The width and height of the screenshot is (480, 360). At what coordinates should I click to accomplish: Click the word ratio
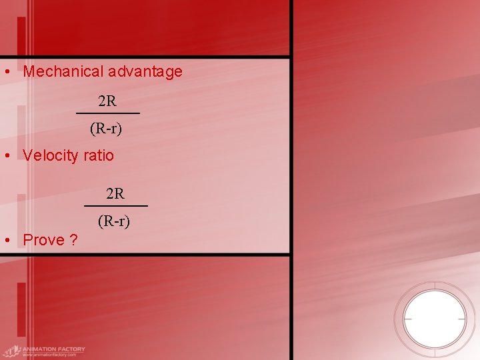[99, 156]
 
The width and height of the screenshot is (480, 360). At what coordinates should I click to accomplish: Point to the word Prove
[43, 240]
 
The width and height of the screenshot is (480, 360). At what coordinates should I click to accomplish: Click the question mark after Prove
[73, 240]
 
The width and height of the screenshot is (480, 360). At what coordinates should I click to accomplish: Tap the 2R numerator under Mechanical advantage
[107, 102]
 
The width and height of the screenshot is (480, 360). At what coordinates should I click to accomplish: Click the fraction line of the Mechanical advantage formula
[107, 114]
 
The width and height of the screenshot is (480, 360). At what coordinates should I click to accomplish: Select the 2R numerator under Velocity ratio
[115, 194]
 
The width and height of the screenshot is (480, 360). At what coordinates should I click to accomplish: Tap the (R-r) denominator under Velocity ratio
[114, 220]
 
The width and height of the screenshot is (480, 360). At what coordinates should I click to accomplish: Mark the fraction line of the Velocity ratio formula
[115, 206]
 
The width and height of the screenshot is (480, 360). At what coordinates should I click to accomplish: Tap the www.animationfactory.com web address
[50, 355]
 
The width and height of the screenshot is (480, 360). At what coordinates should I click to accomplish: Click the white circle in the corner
[435, 319]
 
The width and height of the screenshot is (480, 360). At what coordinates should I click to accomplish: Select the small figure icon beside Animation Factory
[11, 351]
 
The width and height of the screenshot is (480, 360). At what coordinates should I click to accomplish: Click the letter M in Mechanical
[29, 72]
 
